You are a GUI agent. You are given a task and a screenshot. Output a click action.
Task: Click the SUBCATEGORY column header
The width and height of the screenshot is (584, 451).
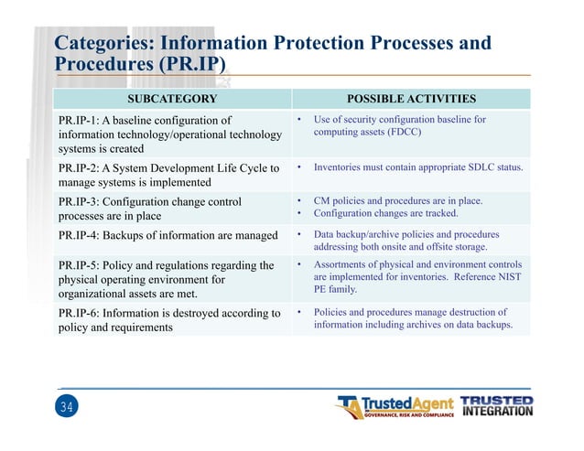(x=172, y=98)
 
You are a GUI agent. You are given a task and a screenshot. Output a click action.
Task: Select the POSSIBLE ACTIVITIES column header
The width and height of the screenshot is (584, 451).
(x=410, y=98)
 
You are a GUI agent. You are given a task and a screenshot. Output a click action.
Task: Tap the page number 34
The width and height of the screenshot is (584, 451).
(x=64, y=407)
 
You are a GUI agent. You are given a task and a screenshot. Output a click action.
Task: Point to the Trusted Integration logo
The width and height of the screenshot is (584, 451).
(x=495, y=405)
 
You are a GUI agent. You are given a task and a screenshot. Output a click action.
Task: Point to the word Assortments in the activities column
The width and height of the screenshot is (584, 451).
(x=342, y=264)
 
